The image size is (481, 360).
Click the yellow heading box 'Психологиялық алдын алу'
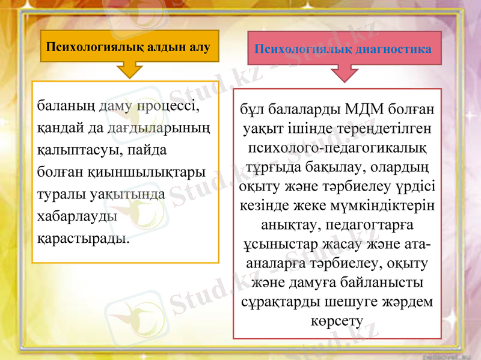click(129, 46)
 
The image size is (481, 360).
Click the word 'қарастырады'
click(83, 237)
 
